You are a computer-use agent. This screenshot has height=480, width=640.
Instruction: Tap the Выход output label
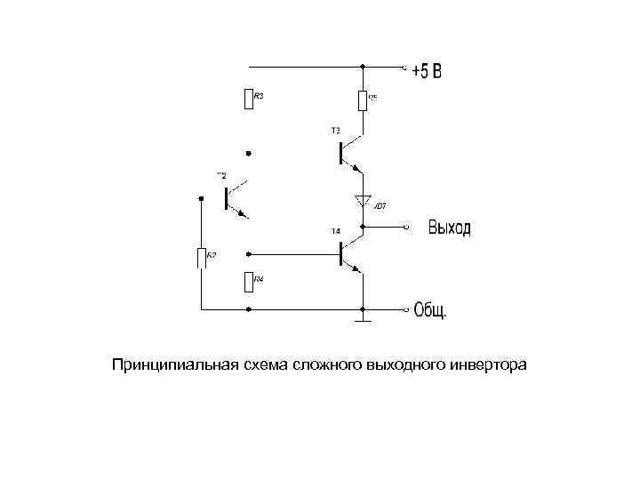(x=449, y=228)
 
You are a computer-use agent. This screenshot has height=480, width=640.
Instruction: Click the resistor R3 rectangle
(x=248, y=99)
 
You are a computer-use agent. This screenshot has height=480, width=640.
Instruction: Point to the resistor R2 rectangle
(x=202, y=258)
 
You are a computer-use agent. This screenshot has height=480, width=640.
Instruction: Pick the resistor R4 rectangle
(x=248, y=283)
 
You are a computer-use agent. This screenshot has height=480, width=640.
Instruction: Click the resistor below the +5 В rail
(x=363, y=100)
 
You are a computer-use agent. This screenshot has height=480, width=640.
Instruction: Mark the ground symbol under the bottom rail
(x=363, y=316)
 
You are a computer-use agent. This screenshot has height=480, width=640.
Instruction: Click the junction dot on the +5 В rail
(x=363, y=66)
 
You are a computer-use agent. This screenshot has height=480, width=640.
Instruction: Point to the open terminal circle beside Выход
(x=407, y=228)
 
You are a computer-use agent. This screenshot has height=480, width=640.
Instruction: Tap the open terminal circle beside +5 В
(x=407, y=66)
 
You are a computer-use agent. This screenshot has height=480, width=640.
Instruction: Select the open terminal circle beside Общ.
(x=407, y=309)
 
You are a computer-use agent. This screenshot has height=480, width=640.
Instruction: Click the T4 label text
(x=336, y=231)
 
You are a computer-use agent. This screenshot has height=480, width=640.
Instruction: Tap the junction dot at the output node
(x=363, y=228)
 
